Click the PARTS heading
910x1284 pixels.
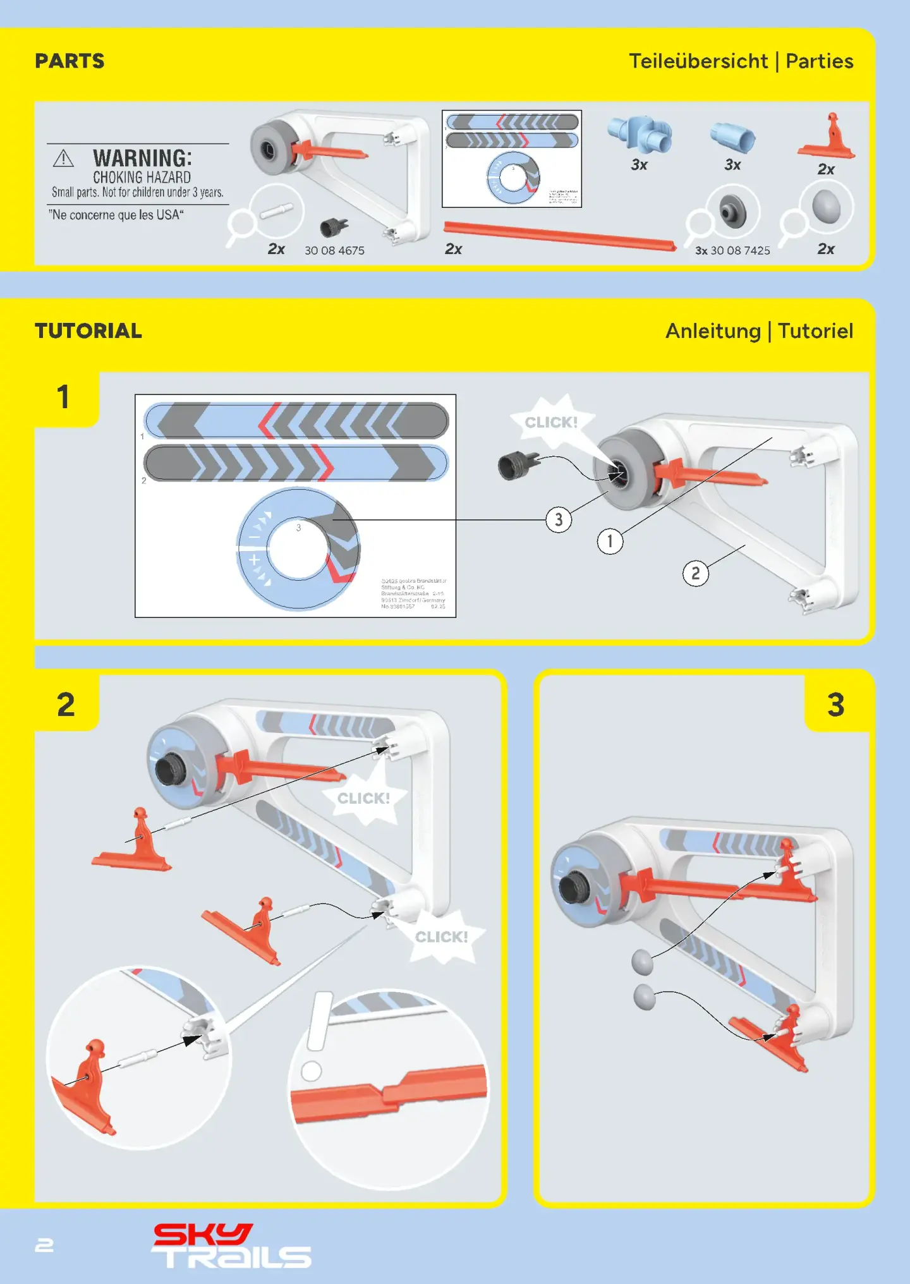tap(70, 61)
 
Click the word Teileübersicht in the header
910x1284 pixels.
tap(698, 61)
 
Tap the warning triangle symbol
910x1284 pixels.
tap(63, 158)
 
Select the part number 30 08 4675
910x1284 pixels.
tap(334, 250)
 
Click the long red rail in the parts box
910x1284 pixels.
tap(559, 235)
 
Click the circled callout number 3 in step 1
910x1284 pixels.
tap(559, 520)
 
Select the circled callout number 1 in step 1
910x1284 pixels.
tap(610, 542)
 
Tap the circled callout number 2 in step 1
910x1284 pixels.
tap(695, 574)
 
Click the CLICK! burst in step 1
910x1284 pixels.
tap(552, 422)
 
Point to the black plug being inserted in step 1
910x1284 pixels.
tap(515, 466)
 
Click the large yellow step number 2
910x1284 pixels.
tap(66, 705)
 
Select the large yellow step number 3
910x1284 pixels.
tap(835, 705)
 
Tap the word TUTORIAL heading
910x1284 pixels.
tap(88, 331)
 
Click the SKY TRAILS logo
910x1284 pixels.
tap(231, 1246)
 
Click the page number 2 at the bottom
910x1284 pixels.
tap(44, 1245)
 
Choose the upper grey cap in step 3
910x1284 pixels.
tap(642, 962)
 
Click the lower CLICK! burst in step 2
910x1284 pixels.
tap(442, 936)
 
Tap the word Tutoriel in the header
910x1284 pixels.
tap(815, 331)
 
